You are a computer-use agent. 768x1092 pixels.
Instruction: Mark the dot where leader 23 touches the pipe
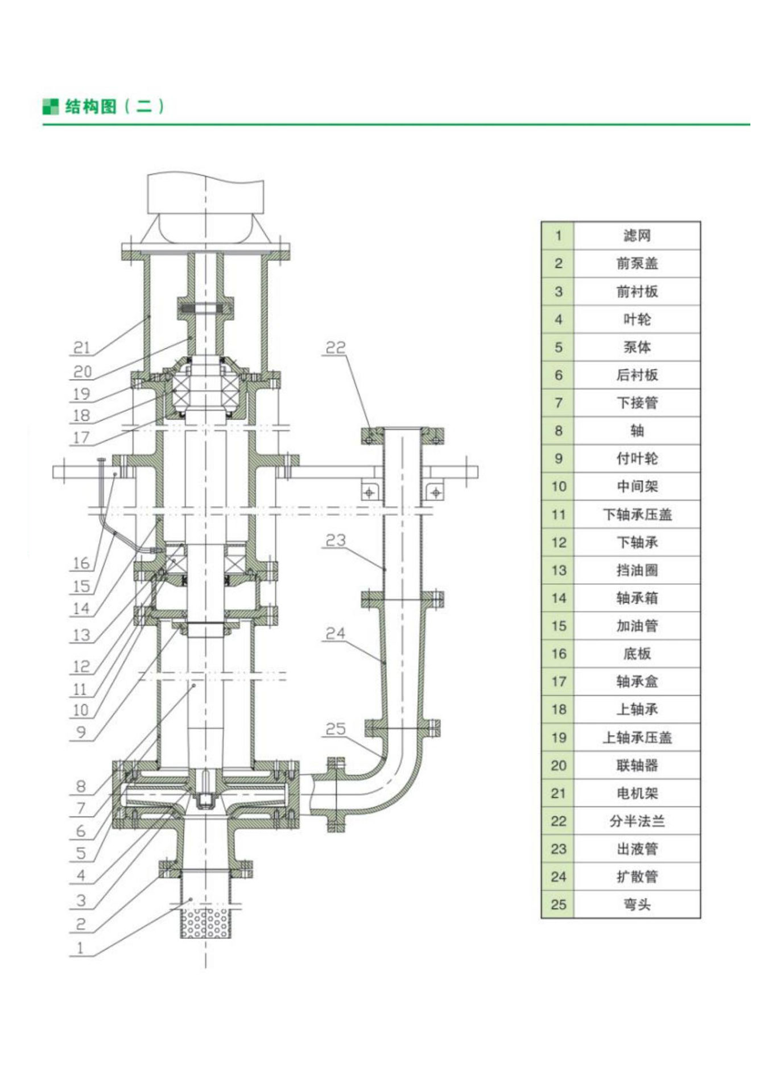[385, 569]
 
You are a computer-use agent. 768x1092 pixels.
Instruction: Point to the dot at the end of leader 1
[191, 899]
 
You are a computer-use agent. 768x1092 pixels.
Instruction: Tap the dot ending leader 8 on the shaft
[194, 686]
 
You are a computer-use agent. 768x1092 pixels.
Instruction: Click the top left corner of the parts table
[542, 222]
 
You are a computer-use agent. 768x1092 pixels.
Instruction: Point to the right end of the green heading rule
[750, 124]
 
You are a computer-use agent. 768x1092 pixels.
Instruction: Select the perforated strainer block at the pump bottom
[205, 923]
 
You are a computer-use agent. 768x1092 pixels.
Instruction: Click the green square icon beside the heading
[51, 106]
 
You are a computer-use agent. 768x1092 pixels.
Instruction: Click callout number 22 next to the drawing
[336, 347]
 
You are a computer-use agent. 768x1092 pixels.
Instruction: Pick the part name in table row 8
[637, 431]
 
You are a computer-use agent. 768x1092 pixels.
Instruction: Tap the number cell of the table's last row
[558, 904]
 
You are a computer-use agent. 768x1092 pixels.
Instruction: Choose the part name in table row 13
[637, 570]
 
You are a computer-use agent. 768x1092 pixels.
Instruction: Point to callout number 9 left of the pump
[81, 732]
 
